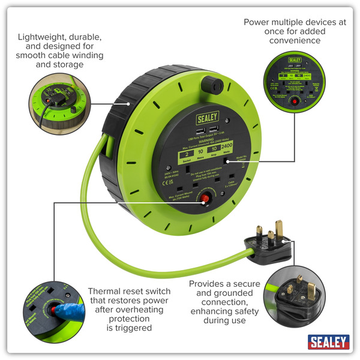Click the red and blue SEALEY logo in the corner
(328, 342)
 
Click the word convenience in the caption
(295, 40)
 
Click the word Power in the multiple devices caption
(256, 22)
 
